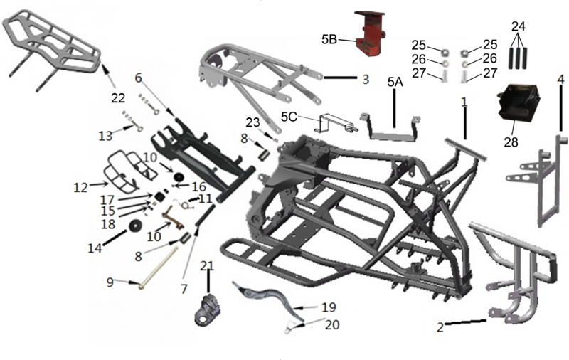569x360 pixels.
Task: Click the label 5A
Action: point(395,82)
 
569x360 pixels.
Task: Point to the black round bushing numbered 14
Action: point(133,227)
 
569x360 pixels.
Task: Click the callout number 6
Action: point(138,77)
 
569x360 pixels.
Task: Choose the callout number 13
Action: point(105,134)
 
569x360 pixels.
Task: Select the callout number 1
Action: point(464,102)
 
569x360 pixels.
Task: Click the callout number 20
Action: point(332,325)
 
